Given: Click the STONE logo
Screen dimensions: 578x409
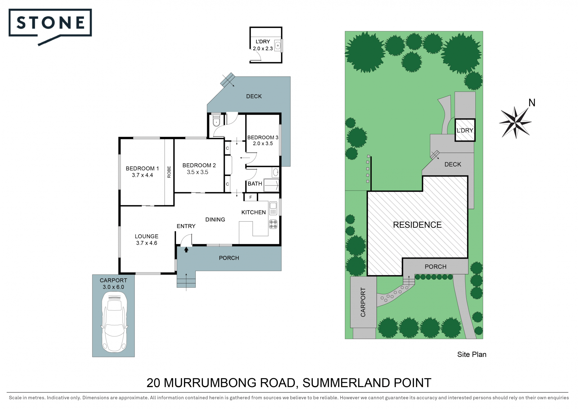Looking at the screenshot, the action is tap(50, 27).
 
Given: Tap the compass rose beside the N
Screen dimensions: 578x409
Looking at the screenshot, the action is tap(515, 122).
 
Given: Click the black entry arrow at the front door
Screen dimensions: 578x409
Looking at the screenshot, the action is tap(186, 249).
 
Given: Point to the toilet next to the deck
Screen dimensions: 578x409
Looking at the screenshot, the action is tap(216, 120).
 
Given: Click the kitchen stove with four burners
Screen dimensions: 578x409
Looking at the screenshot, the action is tap(273, 224).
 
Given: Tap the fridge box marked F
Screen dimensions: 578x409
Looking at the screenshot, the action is tap(250, 197).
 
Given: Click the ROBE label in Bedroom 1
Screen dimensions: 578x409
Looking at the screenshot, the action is tap(169, 172).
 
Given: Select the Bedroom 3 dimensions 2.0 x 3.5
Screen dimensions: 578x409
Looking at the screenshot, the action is tap(263, 144).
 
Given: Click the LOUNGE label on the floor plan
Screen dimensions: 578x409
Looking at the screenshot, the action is tap(147, 236).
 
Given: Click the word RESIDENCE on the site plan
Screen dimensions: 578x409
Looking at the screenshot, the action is tap(417, 225).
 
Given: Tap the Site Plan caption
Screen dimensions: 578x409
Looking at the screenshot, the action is tap(472, 354).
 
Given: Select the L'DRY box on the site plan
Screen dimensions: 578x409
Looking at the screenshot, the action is tap(465, 130).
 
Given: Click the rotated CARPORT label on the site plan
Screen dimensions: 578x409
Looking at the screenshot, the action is tap(363, 302).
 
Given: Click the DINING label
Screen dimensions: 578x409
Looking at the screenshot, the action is tap(215, 220).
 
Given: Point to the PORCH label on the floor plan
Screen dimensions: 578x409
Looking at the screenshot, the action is tap(229, 258).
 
